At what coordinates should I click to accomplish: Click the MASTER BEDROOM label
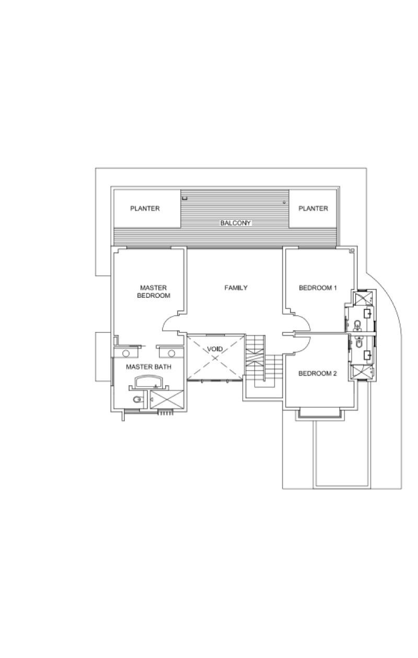point(154,292)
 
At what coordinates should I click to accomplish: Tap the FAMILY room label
point(236,287)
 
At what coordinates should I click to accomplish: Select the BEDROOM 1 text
point(318,287)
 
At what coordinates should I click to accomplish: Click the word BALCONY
point(235,223)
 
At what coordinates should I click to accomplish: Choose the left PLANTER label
point(145,208)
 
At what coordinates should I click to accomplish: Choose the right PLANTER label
point(313,208)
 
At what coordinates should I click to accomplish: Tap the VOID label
point(215,349)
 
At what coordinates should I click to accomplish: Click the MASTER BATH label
point(148,367)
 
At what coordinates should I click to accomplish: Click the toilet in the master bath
point(136,400)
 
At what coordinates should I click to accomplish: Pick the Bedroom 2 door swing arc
point(303,345)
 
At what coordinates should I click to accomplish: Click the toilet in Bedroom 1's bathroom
point(357,326)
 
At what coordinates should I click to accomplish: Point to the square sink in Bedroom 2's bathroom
point(368,355)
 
